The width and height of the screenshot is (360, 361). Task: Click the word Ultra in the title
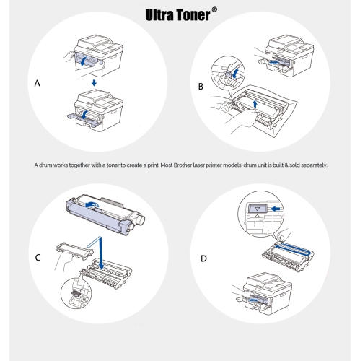(x=162, y=14)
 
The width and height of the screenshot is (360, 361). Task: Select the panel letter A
(x=38, y=84)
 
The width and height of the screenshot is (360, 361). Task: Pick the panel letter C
(x=38, y=258)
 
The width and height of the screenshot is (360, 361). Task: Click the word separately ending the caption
(x=312, y=165)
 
